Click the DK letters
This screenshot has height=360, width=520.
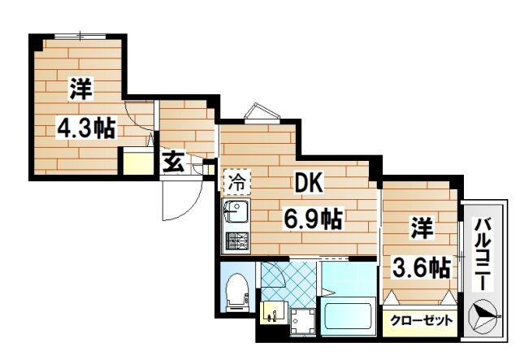pyautogui.click(x=304, y=184)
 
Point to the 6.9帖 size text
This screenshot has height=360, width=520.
pyautogui.click(x=311, y=218)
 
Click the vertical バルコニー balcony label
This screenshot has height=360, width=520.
pyautogui.click(x=481, y=252)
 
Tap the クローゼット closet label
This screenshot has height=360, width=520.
pyautogui.click(x=422, y=320)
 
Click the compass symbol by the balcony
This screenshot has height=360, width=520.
pyautogui.click(x=487, y=315)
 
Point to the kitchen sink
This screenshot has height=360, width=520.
pyautogui.click(x=237, y=215)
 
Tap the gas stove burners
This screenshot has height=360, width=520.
pyautogui.click(x=237, y=241)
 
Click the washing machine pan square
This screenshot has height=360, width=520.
pyautogui.click(x=302, y=323)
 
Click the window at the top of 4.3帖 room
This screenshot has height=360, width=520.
pyautogui.click(x=80, y=36)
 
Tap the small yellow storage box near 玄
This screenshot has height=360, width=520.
pyautogui.click(x=136, y=163)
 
